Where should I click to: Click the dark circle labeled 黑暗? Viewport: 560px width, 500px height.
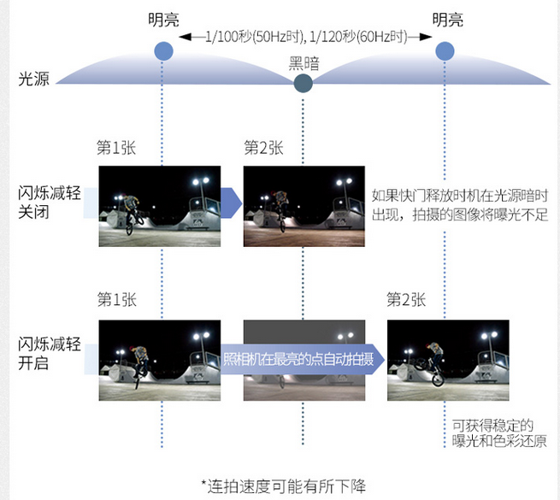tap(303, 83)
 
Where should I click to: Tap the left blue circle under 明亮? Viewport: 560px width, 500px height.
tap(163, 51)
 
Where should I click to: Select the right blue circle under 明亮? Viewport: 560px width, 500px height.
tap(445, 51)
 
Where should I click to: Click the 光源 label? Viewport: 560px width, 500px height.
tap(34, 79)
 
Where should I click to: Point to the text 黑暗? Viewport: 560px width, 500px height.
tap(304, 63)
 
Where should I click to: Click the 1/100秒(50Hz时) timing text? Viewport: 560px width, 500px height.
tap(254, 37)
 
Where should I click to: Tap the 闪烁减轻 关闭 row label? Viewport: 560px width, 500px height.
tap(50, 203)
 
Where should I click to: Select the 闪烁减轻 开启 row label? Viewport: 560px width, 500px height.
tap(50, 354)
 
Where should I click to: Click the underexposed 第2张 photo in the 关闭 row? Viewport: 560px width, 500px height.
tap(304, 206)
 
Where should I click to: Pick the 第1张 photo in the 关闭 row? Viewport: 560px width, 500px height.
tap(160, 206)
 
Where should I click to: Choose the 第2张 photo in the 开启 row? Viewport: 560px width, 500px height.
tap(448, 360)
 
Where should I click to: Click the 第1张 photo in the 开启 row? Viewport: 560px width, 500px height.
tap(160, 360)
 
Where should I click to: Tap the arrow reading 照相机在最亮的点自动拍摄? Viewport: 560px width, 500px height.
tap(303, 359)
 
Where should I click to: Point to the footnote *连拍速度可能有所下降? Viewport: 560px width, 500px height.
tap(283, 486)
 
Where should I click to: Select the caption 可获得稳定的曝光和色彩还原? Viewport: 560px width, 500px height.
tap(499, 433)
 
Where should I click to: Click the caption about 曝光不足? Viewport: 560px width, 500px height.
tap(460, 205)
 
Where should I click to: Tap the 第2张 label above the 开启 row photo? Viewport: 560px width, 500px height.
tap(406, 299)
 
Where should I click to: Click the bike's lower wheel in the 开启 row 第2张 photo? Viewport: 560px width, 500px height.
tap(438, 379)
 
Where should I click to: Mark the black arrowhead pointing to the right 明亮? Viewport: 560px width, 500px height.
tap(426, 37)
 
